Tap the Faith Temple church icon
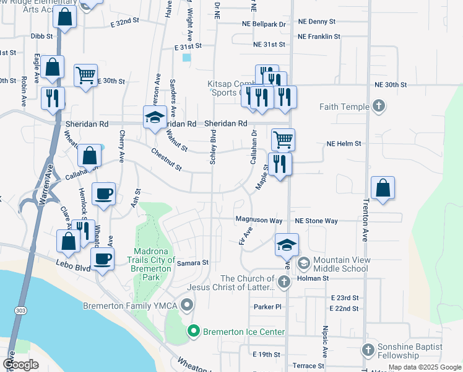(379, 107)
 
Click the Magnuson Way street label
(259, 220)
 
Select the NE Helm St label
(344, 144)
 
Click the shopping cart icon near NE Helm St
(283, 139)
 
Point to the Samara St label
(193, 263)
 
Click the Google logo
(20, 364)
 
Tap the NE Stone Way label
(316, 221)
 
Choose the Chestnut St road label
(167, 159)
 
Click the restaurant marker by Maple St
(280, 164)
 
